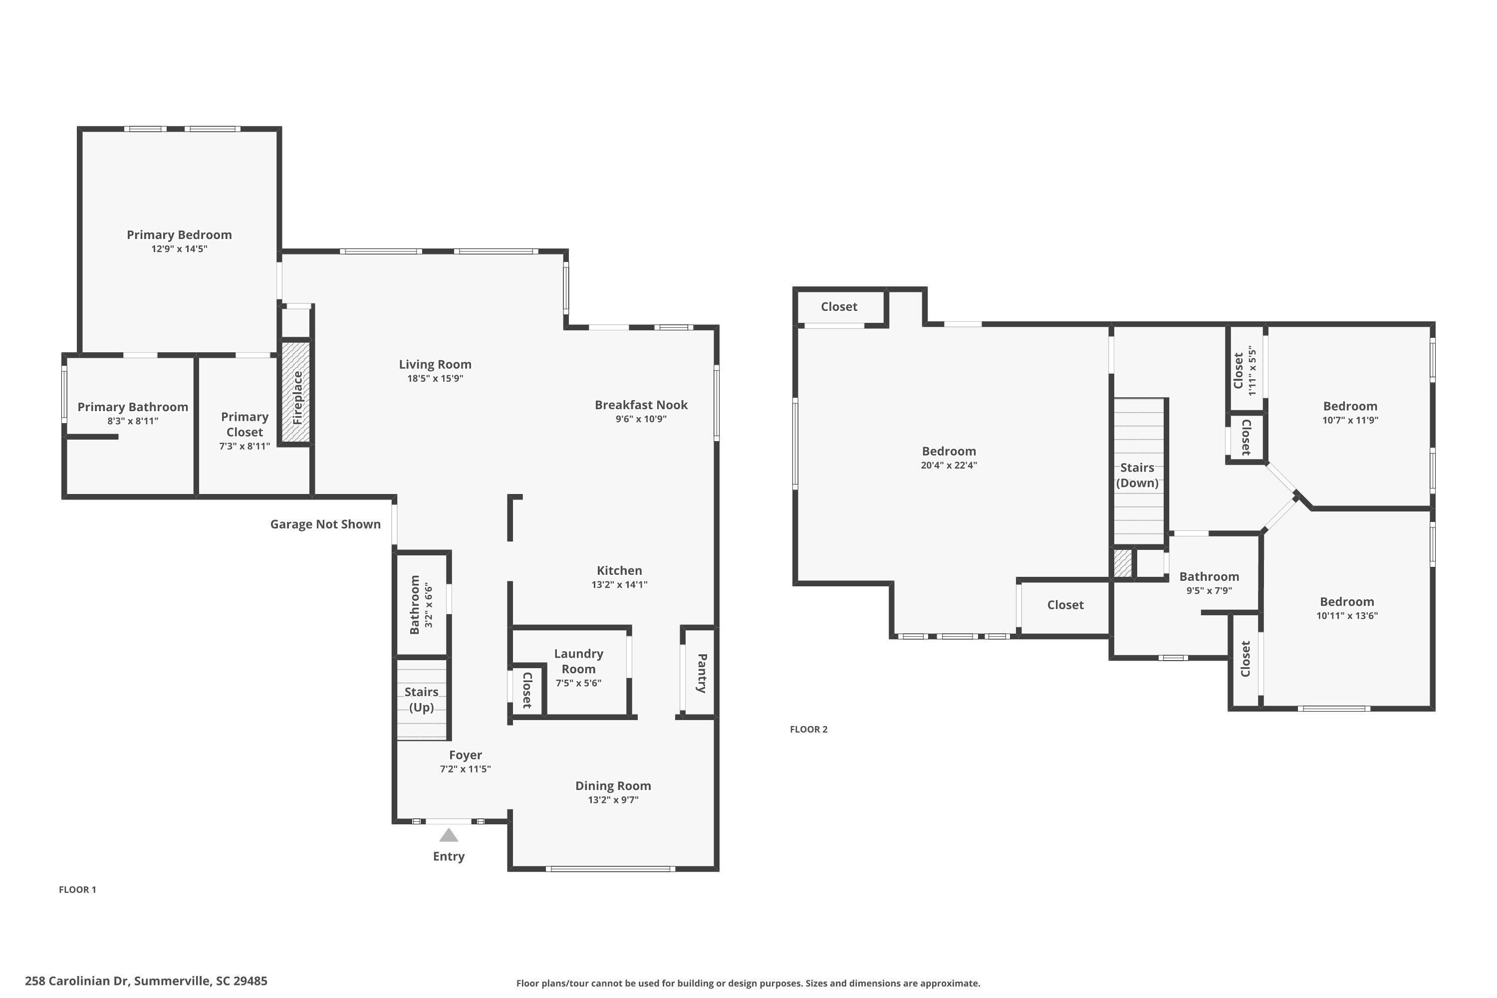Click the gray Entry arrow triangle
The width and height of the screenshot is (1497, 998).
(x=448, y=835)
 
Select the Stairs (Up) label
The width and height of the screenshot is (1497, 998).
(x=421, y=699)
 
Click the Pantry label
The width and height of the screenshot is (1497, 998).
(x=702, y=673)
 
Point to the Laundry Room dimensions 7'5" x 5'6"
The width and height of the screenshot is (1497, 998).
(x=578, y=683)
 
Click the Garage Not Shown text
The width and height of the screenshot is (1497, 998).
(x=325, y=524)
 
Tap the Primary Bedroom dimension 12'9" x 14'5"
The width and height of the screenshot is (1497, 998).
(x=179, y=249)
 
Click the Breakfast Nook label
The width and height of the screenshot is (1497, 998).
(x=641, y=405)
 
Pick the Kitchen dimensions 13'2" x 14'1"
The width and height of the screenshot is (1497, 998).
(x=619, y=584)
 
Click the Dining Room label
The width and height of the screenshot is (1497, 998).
(x=612, y=785)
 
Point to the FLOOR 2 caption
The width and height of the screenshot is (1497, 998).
(x=808, y=729)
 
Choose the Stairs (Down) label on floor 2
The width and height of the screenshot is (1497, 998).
(x=1137, y=475)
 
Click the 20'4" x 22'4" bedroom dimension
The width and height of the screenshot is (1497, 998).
(x=949, y=465)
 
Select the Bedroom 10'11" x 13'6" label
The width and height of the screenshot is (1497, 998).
(x=1346, y=601)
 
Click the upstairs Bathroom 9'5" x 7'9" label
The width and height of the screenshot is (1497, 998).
(x=1209, y=577)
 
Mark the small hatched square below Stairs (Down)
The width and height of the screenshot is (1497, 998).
(x=1123, y=563)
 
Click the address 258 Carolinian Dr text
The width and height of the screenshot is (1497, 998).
(x=146, y=980)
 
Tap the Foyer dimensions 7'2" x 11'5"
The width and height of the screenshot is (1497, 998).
(x=465, y=769)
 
